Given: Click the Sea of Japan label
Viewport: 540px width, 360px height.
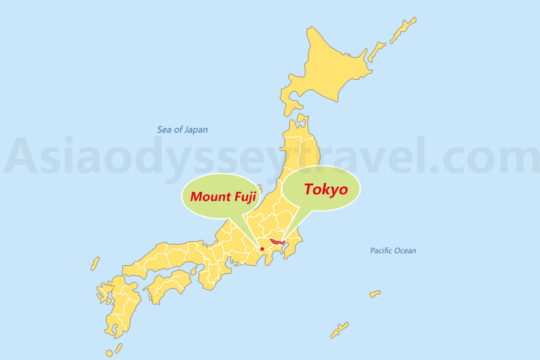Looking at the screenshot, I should pyautogui.click(x=182, y=130).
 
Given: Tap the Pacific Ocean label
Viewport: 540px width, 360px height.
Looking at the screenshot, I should pyautogui.click(x=393, y=251).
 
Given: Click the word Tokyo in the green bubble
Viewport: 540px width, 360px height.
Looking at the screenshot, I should pyautogui.click(x=325, y=190).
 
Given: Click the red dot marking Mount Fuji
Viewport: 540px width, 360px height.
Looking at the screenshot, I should pyautogui.click(x=262, y=249).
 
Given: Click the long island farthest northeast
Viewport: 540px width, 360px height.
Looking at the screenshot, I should pyautogui.click(x=403, y=29).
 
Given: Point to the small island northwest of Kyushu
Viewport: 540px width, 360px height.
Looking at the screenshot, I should pyautogui.click(x=95, y=264).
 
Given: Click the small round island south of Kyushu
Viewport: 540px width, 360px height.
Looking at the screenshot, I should pyautogui.click(x=110, y=353).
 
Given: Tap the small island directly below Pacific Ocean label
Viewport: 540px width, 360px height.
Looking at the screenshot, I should pyautogui.click(x=375, y=294).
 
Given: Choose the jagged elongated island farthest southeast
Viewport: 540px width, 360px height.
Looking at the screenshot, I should pyautogui.click(x=339, y=329).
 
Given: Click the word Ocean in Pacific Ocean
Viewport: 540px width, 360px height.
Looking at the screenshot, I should pyautogui.click(x=405, y=251).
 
